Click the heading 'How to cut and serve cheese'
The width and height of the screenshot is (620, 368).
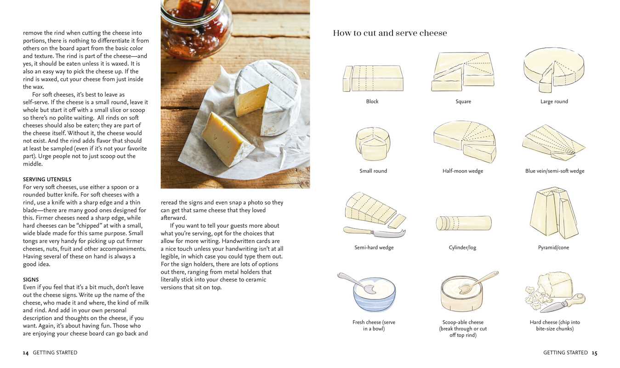point(390,33)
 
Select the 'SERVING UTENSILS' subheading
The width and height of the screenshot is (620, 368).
point(47,179)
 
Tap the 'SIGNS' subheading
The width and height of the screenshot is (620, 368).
point(31,280)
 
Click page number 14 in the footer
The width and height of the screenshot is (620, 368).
point(26,353)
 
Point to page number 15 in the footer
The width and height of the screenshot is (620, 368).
point(594,353)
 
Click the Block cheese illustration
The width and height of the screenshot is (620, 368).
point(373,78)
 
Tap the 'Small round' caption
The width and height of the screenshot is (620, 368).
point(373,171)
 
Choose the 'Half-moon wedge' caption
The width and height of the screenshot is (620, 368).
point(463,171)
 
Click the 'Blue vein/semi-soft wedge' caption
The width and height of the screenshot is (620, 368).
point(555,171)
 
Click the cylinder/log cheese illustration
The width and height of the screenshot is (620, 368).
point(463,223)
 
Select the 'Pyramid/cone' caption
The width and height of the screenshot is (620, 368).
point(554,247)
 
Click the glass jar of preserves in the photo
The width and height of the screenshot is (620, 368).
point(197,28)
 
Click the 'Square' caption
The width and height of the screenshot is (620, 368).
point(463,102)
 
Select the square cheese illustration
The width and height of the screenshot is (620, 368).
point(463,71)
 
